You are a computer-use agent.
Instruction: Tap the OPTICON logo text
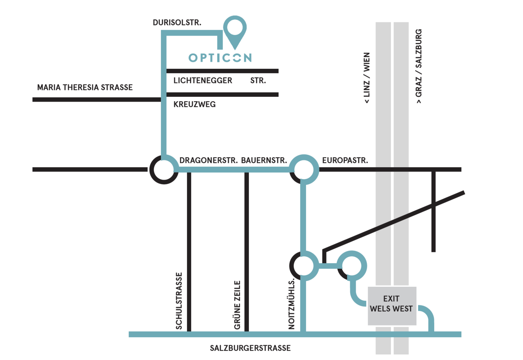[220, 58]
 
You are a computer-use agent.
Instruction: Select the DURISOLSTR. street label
[177, 23]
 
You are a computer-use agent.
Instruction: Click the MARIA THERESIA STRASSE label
[85, 87]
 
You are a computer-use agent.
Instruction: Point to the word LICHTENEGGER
[203, 81]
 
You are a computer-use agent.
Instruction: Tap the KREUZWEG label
[194, 105]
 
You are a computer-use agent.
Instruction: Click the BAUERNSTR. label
[265, 161]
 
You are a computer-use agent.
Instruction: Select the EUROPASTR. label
[345, 161]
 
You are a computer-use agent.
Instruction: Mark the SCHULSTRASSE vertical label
[179, 301]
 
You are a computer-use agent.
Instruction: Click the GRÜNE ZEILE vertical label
[237, 305]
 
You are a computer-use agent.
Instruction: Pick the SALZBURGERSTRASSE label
[250, 348]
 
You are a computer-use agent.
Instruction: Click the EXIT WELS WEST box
[392, 305]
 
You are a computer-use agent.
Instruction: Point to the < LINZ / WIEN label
[367, 78]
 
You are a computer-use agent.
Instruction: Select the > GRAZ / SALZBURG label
[419, 66]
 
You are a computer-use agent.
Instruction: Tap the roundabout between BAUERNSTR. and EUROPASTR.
[304, 170]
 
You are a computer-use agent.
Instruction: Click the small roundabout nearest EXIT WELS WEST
[352, 265]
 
